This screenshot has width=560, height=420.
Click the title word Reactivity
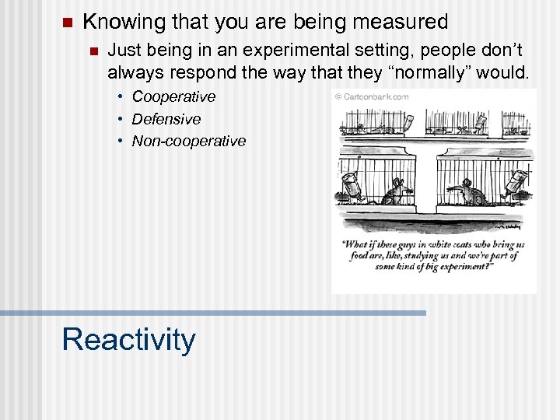128,340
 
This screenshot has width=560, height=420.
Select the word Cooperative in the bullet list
173,97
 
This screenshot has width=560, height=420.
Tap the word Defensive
166,119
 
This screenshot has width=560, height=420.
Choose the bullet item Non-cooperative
188,141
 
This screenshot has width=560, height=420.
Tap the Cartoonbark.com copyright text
372,97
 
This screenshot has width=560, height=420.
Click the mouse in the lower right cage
469,191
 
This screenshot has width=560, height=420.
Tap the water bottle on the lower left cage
350,186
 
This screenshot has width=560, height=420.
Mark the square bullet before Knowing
65,23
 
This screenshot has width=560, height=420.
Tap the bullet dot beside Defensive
122,119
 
